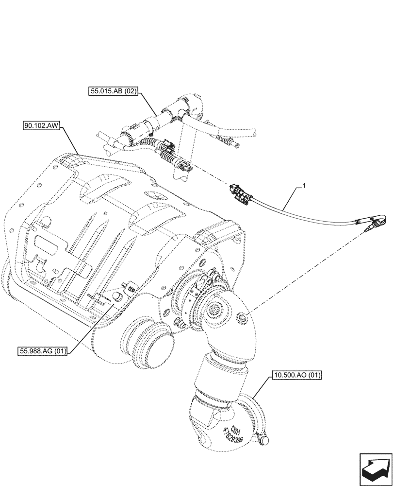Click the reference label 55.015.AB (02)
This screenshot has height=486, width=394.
coord(114,90)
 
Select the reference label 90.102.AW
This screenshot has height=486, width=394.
coord(41,126)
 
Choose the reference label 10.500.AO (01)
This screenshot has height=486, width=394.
coord(297,375)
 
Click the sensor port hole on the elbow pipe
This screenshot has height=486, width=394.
coord(242,318)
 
